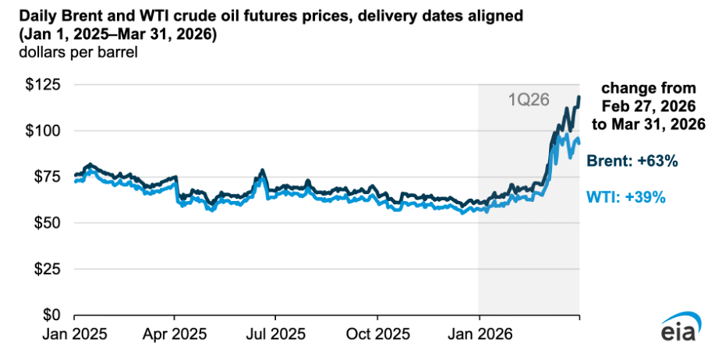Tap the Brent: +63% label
point(632,161)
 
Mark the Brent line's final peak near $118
point(579,97)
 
